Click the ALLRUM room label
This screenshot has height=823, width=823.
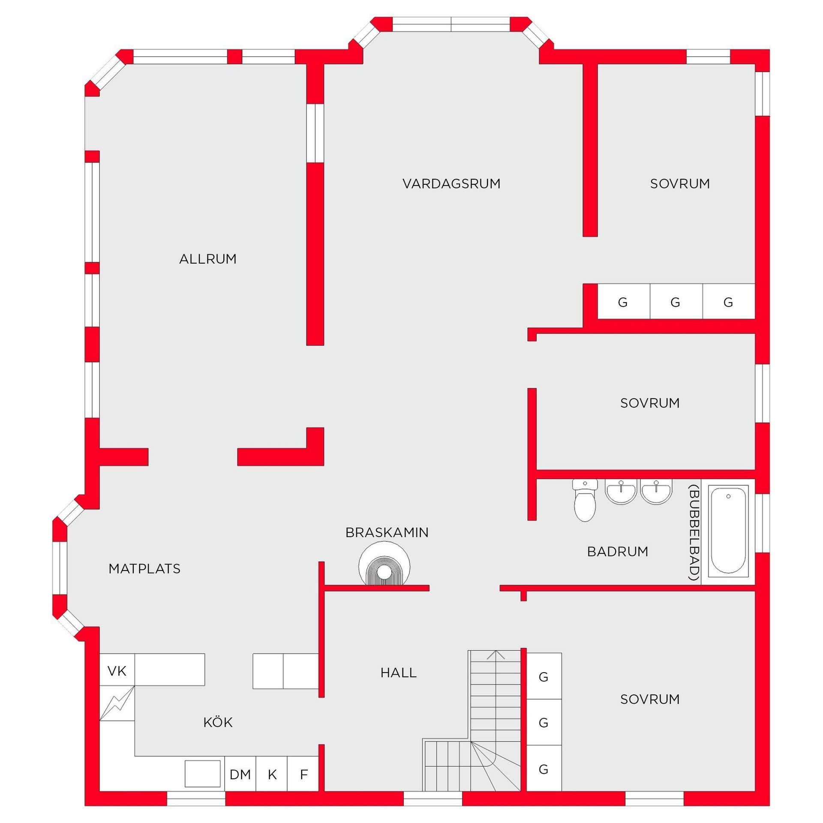[x=208, y=259]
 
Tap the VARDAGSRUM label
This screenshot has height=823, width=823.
[x=451, y=183]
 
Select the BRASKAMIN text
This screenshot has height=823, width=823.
[x=387, y=532]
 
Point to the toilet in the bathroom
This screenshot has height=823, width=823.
[x=585, y=500]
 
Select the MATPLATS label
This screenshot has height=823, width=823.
[x=144, y=569]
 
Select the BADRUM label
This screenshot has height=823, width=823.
[x=618, y=552]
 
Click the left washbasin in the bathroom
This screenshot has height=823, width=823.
[x=621, y=491]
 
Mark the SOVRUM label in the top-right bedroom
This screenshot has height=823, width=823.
[x=680, y=183]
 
